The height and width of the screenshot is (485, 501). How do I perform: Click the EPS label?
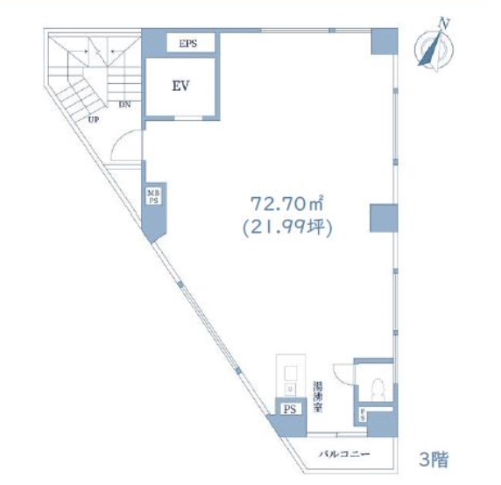point(187,42)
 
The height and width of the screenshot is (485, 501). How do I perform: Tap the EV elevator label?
point(182,86)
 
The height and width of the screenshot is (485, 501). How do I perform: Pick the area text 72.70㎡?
point(287,204)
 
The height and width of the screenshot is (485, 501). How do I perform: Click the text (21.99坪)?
point(287,225)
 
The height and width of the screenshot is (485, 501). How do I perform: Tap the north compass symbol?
point(431,50)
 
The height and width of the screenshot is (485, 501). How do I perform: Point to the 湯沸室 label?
point(318,397)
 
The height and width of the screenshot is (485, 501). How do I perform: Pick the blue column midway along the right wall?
point(383,218)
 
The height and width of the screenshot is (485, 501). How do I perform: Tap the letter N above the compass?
point(446,23)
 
